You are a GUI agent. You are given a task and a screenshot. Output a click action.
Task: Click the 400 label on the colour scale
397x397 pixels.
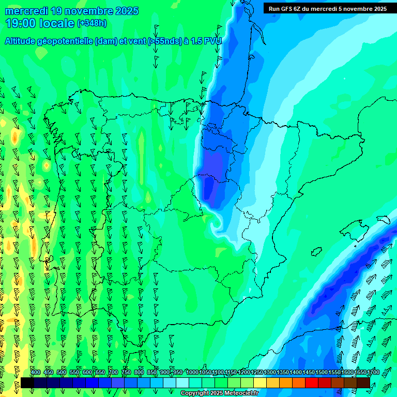point(36,372)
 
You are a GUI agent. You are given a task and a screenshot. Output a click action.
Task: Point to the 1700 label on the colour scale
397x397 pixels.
point(373,372)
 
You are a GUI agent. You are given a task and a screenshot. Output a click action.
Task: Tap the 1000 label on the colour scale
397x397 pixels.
point(192,372)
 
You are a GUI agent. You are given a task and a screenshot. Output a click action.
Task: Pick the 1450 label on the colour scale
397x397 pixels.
point(309,372)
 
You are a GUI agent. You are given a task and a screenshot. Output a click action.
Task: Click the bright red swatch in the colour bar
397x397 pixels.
point(311,383)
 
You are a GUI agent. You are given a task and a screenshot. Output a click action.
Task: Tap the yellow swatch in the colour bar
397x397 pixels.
point(259,383)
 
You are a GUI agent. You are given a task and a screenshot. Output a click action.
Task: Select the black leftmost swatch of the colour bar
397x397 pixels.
point(27,383)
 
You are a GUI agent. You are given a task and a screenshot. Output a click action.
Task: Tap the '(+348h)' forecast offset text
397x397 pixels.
point(92,23)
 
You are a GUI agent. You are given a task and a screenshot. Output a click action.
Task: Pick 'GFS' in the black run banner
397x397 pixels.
point(287,9)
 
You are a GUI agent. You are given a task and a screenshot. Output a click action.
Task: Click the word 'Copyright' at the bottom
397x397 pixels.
point(195,393)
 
